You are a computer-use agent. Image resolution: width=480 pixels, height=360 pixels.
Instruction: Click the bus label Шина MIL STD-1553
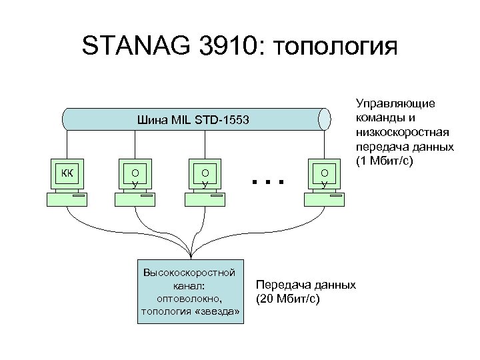pyautogui.click(x=192, y=121)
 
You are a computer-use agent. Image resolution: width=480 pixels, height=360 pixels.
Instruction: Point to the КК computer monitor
pyautogui.click(x=67, y=174)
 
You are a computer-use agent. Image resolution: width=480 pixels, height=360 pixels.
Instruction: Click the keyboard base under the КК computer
pyautogui.click(x=67, y=199)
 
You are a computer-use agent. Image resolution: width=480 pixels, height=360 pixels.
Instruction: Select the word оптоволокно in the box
pyautogui.click(x=191, y=298)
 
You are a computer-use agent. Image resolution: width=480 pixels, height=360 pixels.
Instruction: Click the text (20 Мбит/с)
pyautogui.click(x=288, y=298)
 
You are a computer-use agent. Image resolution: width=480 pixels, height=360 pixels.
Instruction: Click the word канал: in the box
pyautogui.click(x=191, y=285)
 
